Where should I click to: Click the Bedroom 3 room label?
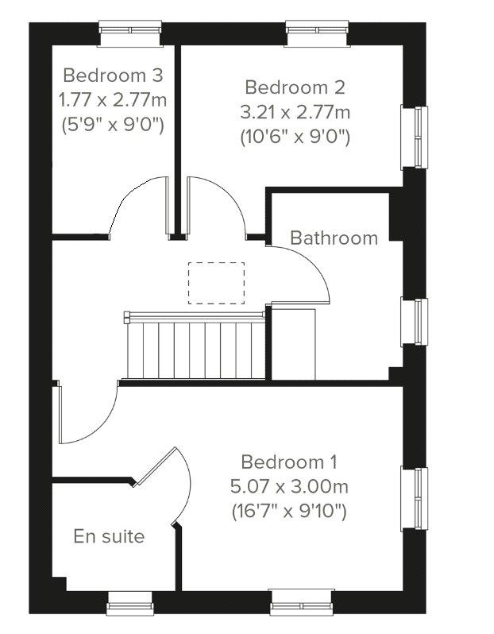[113, 75]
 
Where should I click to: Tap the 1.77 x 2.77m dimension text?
[113, 100]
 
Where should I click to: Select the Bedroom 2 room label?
[295, 87]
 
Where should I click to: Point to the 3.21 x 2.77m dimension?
[295, 112]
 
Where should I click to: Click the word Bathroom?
[334, 238]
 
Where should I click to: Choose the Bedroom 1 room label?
[289, 462]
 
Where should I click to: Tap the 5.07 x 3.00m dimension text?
[289, 486]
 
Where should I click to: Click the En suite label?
[109, 536]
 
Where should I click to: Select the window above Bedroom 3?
[130, 33]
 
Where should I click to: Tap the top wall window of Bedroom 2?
[317, 33]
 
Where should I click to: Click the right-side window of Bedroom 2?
[415, 137]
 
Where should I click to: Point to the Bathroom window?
[415, 322]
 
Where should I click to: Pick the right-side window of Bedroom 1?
[415, 499]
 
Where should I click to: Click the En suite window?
[130, 604]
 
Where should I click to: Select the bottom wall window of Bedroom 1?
[302, 602]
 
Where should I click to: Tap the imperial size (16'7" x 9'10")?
[289, 512]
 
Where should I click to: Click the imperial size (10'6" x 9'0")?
[295, 137]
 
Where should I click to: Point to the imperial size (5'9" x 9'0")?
[113, 126]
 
